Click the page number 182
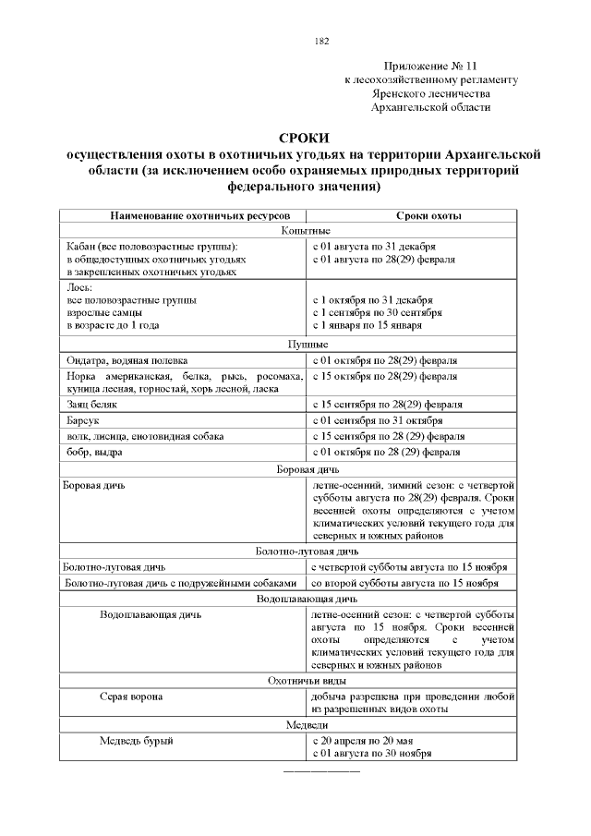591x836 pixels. [321, 41]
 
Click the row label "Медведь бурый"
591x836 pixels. [137, 740]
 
